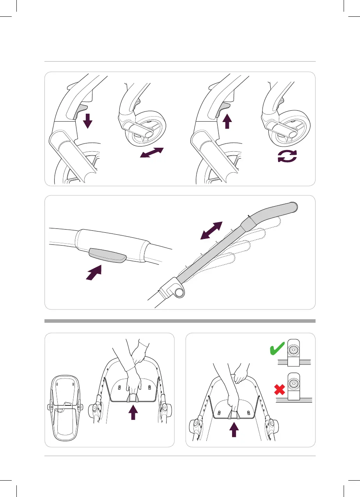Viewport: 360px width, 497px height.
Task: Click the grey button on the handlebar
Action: point(107,255)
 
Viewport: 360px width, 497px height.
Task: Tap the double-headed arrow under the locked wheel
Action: point(152,153)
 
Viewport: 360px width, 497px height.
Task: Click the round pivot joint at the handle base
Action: point(179,293)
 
